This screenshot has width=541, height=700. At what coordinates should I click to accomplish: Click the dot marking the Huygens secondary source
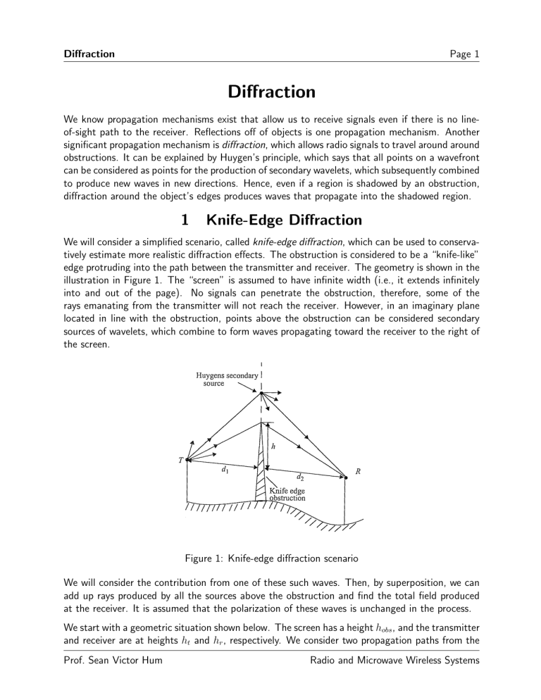[262, 393]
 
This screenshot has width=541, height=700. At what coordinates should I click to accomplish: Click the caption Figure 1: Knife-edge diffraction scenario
[270, 559]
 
